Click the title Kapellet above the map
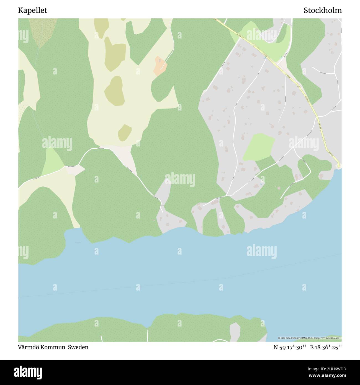click(x=33, y=11)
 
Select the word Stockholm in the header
click(x=323, y=11)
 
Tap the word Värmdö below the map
click(x=28, y=347)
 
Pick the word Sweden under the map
click(x=78, y=347)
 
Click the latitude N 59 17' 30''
click(x=290, y=347)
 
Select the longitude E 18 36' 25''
click(x=326, y=347)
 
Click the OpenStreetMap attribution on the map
click(x=310, y=338)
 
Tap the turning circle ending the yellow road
click(x=338, y=165)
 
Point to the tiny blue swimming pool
click(x=261, y=184)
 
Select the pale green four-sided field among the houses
click(x=259, y=147)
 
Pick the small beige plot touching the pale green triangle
click(x=75, y=170)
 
